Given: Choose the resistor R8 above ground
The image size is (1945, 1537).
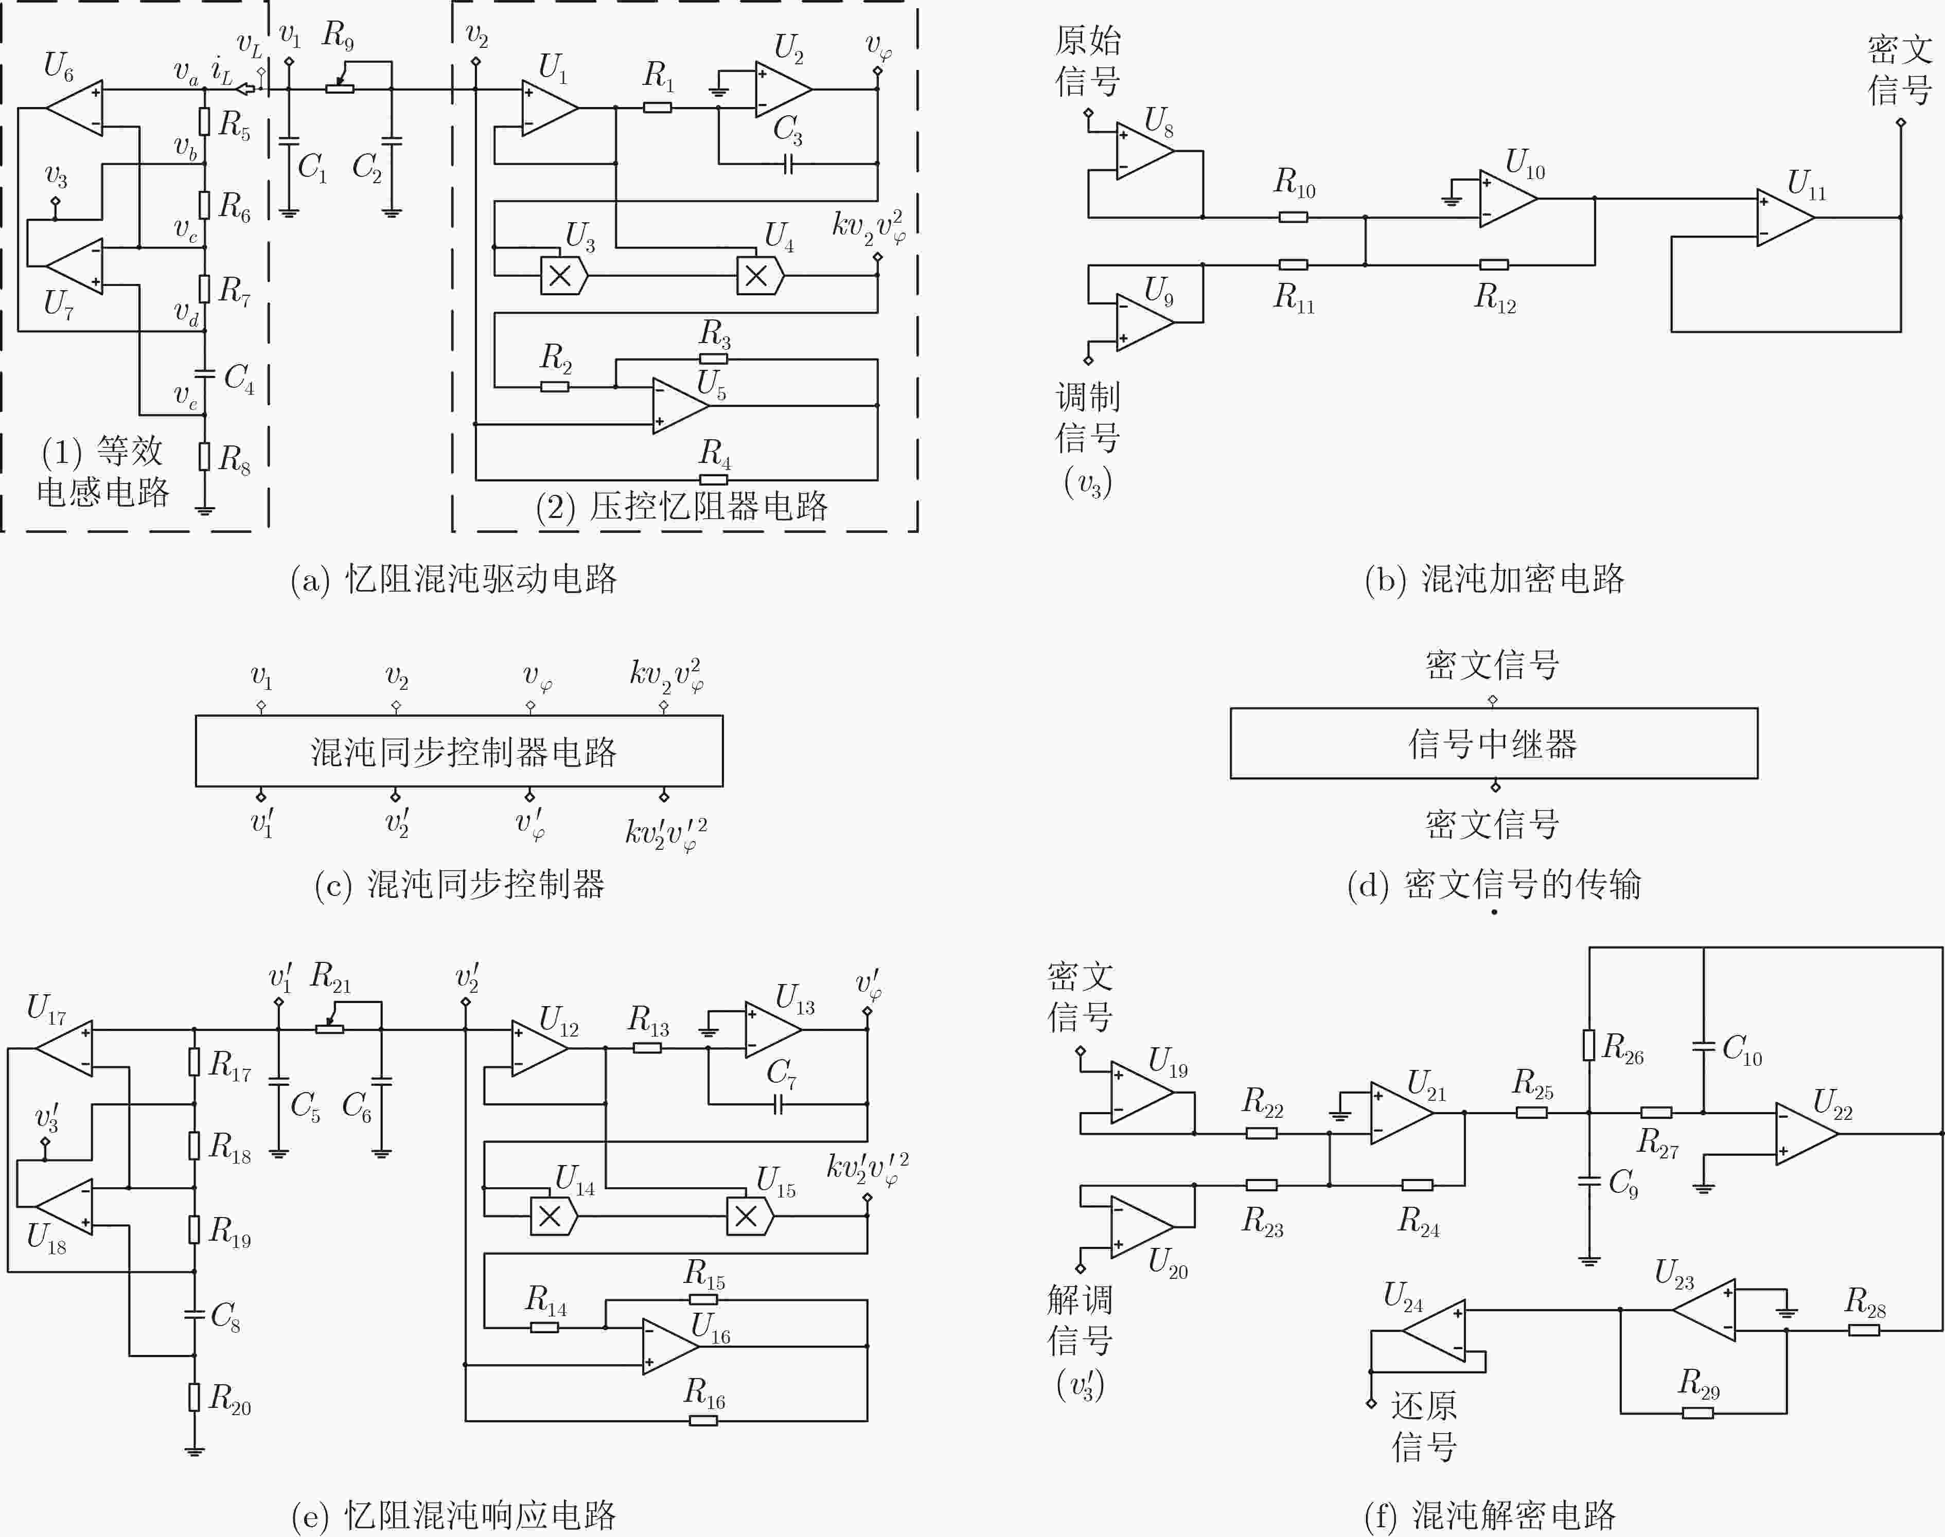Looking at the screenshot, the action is click(205, 457).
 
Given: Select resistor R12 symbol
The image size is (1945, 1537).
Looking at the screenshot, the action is click(1494, 264).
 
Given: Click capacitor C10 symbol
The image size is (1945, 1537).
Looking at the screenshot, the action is click(1703, 1047).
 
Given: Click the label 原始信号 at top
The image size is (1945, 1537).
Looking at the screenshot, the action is click(1087, 60).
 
